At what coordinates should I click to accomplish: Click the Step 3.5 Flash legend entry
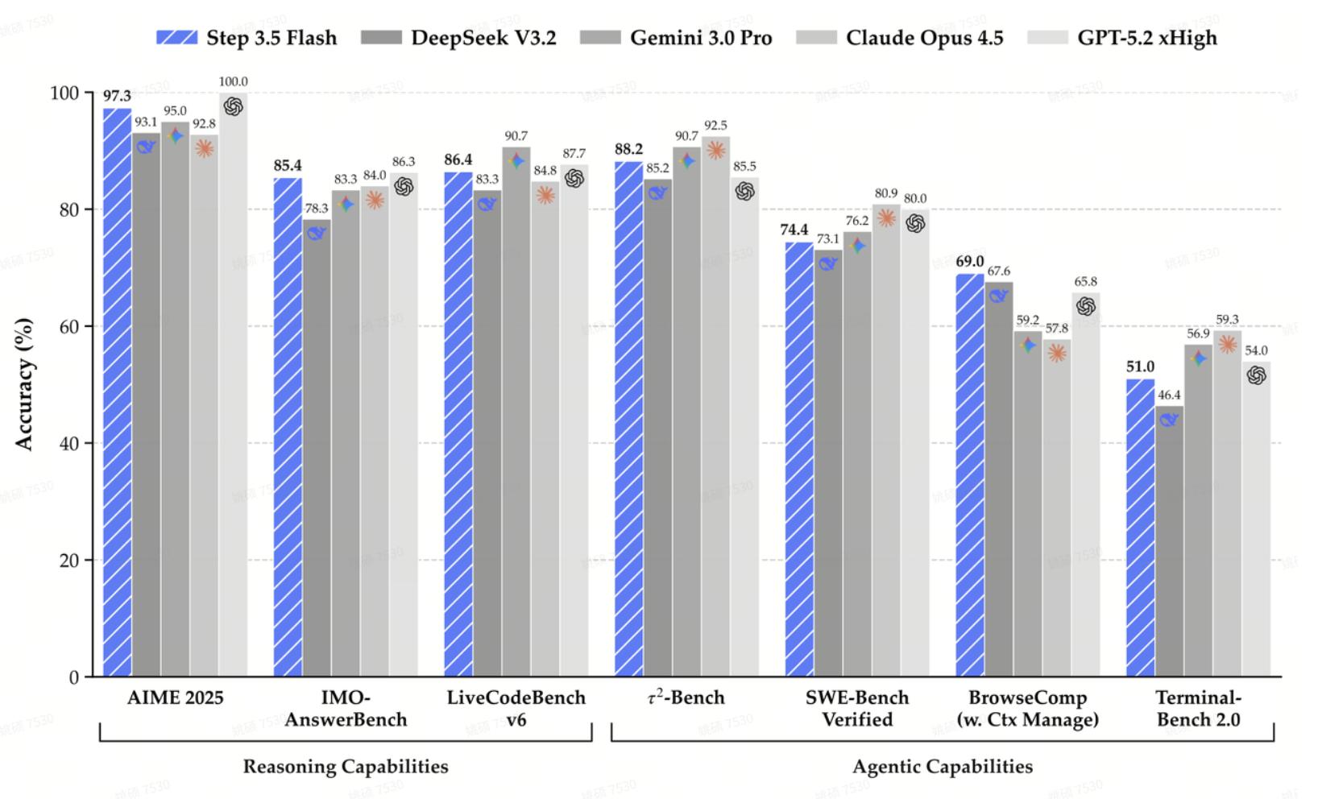247,38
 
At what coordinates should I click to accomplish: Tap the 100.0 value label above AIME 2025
234,82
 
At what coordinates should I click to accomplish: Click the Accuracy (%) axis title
25,384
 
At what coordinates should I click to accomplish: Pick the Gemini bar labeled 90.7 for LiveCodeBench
516,411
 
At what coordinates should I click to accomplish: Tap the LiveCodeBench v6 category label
516,708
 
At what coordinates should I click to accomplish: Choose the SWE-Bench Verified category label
857,708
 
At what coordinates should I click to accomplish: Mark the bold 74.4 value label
794,230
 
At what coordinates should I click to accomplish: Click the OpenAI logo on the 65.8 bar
1086,306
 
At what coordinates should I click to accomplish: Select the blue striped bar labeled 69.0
970,475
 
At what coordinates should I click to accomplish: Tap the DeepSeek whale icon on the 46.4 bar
1170,419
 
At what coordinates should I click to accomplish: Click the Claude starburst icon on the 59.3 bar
1228,345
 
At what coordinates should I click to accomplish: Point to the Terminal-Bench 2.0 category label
1199,708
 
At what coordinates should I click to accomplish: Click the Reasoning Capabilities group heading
346,767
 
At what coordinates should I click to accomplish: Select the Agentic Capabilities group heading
943,767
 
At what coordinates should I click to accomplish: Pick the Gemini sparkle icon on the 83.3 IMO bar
346,204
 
